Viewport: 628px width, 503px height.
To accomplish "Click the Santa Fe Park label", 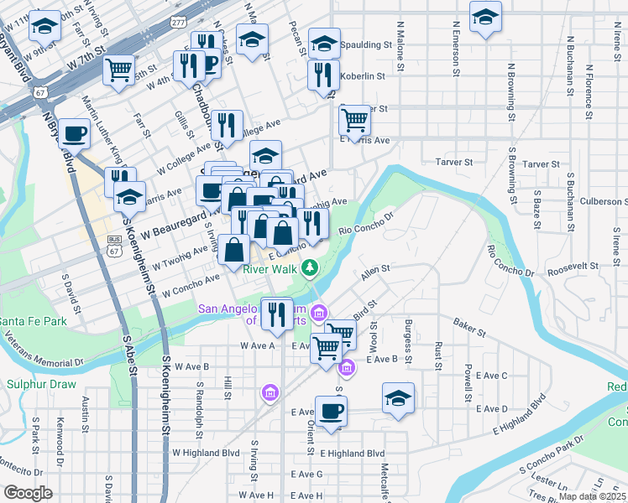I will click(33, 321).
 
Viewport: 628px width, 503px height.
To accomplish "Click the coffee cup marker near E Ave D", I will click(331, 412).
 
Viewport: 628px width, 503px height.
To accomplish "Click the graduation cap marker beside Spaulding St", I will click(323, 44).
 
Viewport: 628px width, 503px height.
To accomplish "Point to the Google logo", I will click(28, 493).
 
